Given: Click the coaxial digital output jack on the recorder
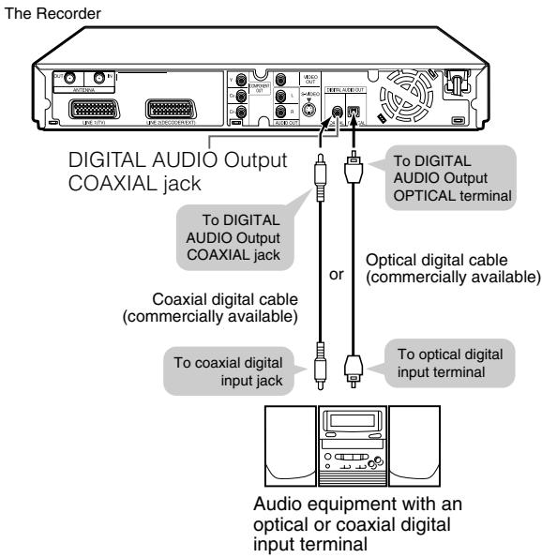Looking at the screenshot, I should coord(335,111).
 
